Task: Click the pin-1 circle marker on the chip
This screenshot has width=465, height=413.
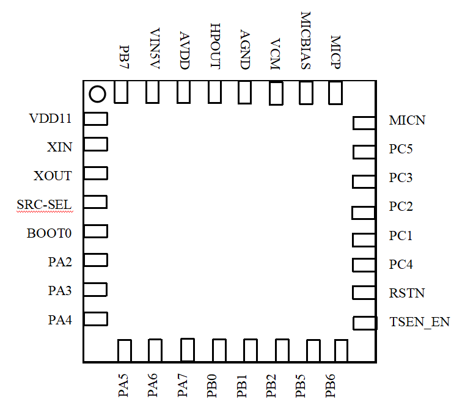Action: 97,94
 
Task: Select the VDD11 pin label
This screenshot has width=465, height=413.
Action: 50,119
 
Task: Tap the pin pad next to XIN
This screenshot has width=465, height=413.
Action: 95,144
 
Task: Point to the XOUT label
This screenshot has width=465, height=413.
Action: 53,176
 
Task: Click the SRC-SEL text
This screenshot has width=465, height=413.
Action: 45,204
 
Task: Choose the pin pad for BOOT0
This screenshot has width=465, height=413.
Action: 95,231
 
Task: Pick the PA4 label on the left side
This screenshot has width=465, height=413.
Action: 60,319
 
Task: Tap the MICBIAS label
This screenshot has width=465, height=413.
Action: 306,40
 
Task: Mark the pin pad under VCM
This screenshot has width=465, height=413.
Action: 276,94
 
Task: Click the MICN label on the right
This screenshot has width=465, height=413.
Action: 407,120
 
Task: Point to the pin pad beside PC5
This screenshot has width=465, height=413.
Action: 363,152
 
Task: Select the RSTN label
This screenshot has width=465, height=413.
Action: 406,293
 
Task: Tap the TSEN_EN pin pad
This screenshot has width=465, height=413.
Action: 365,323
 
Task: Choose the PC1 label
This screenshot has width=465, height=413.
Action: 401,235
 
